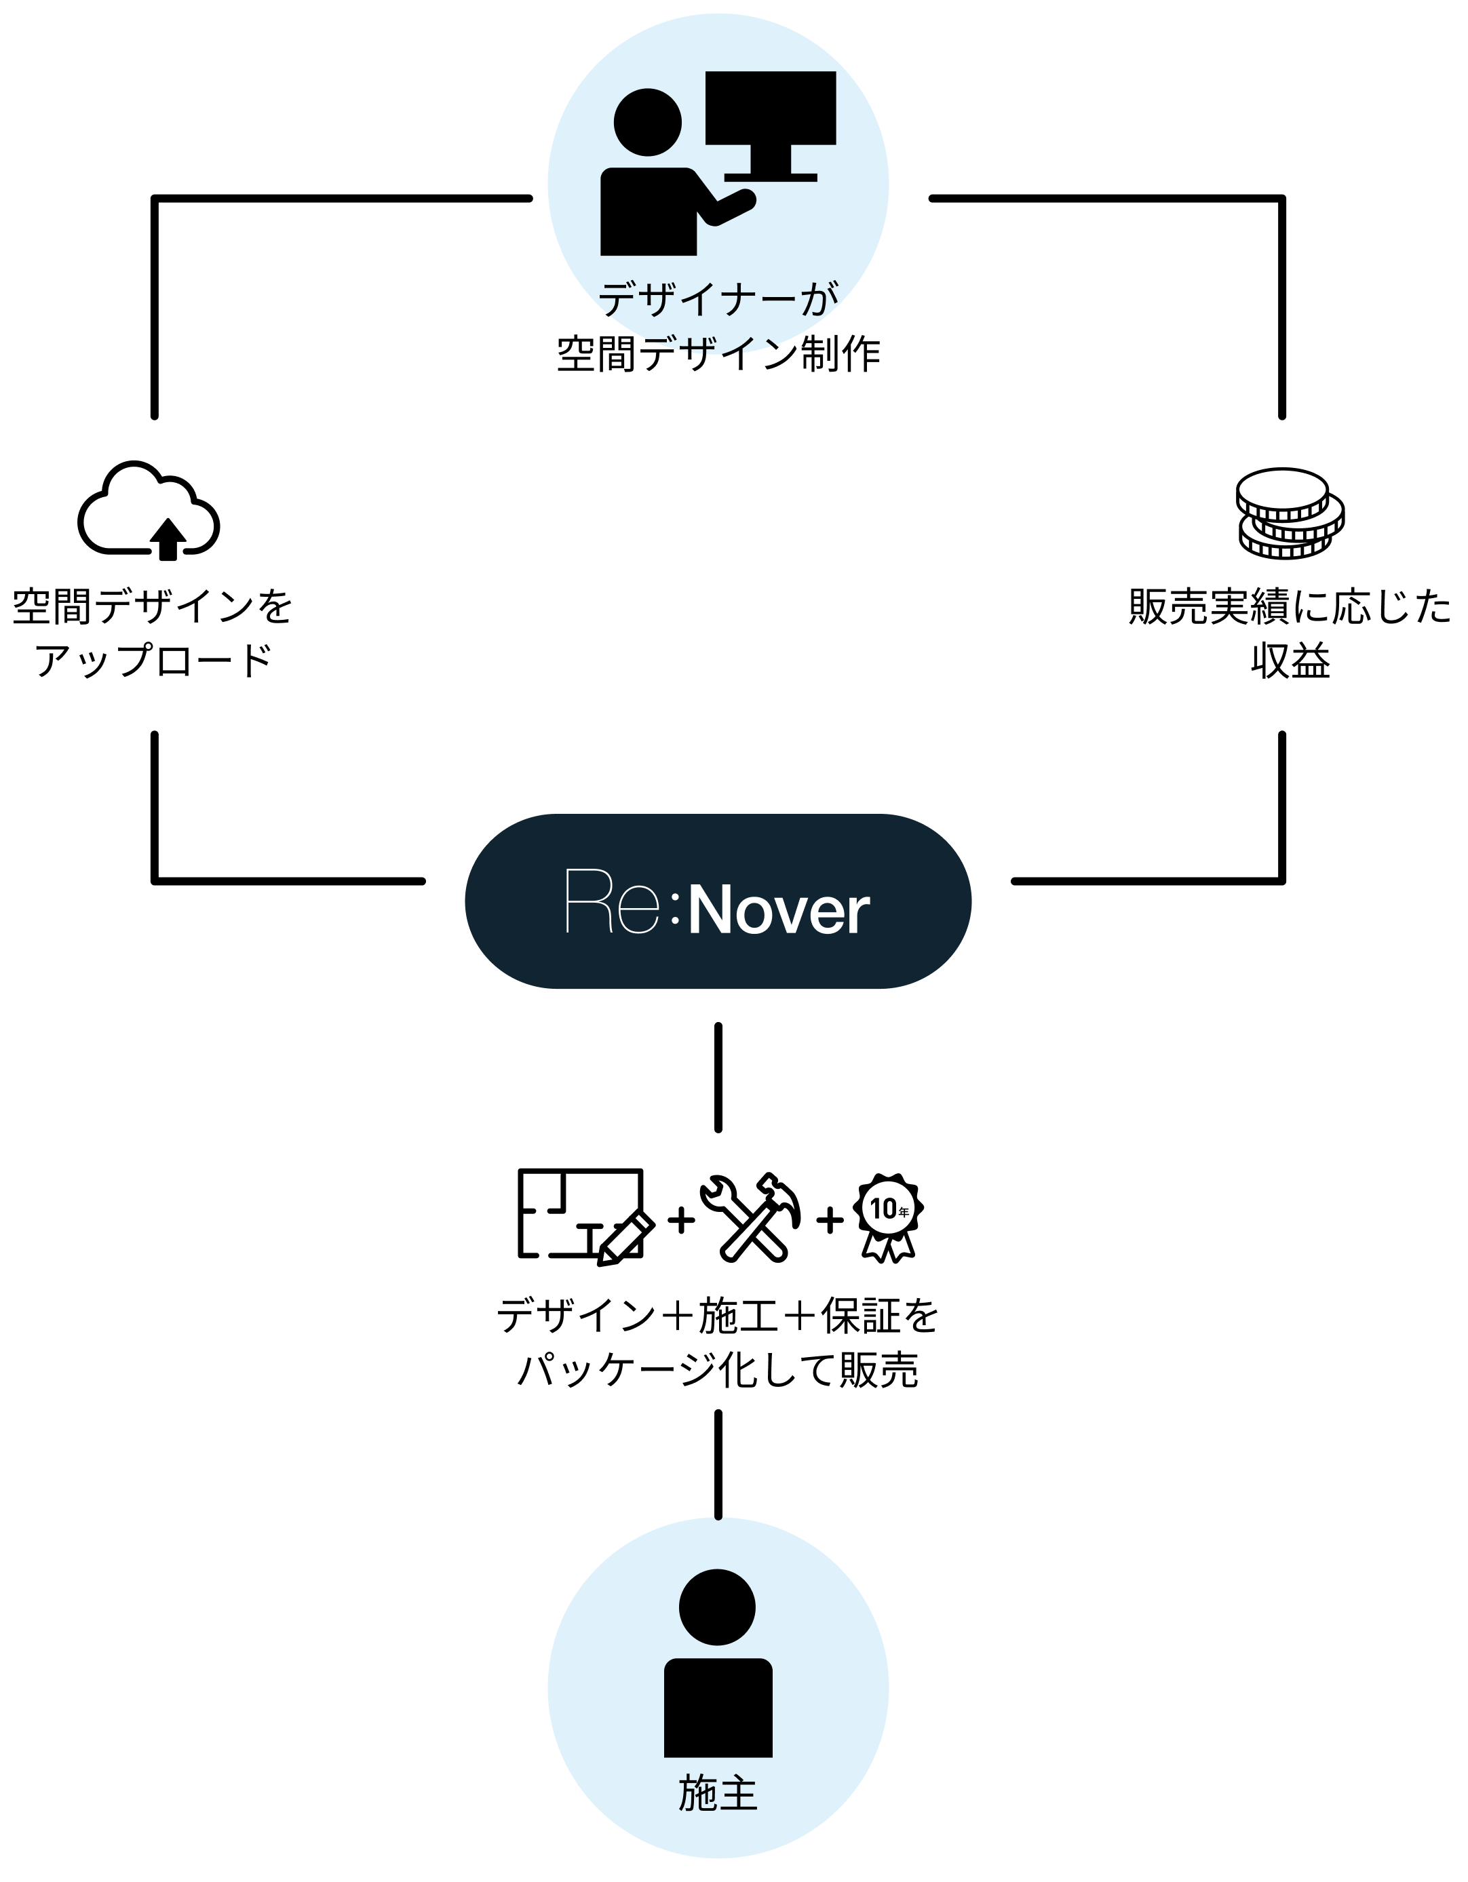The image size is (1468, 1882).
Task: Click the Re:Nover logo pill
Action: click(717, 901)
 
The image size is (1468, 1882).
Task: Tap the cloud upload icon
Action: click(149, 512)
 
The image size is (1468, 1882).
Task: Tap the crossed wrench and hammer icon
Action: click(750, 1217)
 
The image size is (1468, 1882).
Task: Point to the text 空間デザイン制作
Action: click(717, 354)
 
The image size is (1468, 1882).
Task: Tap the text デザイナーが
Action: click(717, 300)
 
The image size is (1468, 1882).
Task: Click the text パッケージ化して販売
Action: click(717, 1370)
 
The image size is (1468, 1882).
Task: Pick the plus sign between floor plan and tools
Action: click(681, 1219)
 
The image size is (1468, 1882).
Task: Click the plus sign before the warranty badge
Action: click(829, 1219)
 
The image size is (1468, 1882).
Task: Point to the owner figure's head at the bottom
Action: click(716, 1607)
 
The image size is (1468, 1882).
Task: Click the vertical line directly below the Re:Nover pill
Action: click(718, 1077)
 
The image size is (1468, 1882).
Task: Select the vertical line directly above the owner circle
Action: click(718, 1465)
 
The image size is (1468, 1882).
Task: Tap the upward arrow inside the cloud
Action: click(168, 538)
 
